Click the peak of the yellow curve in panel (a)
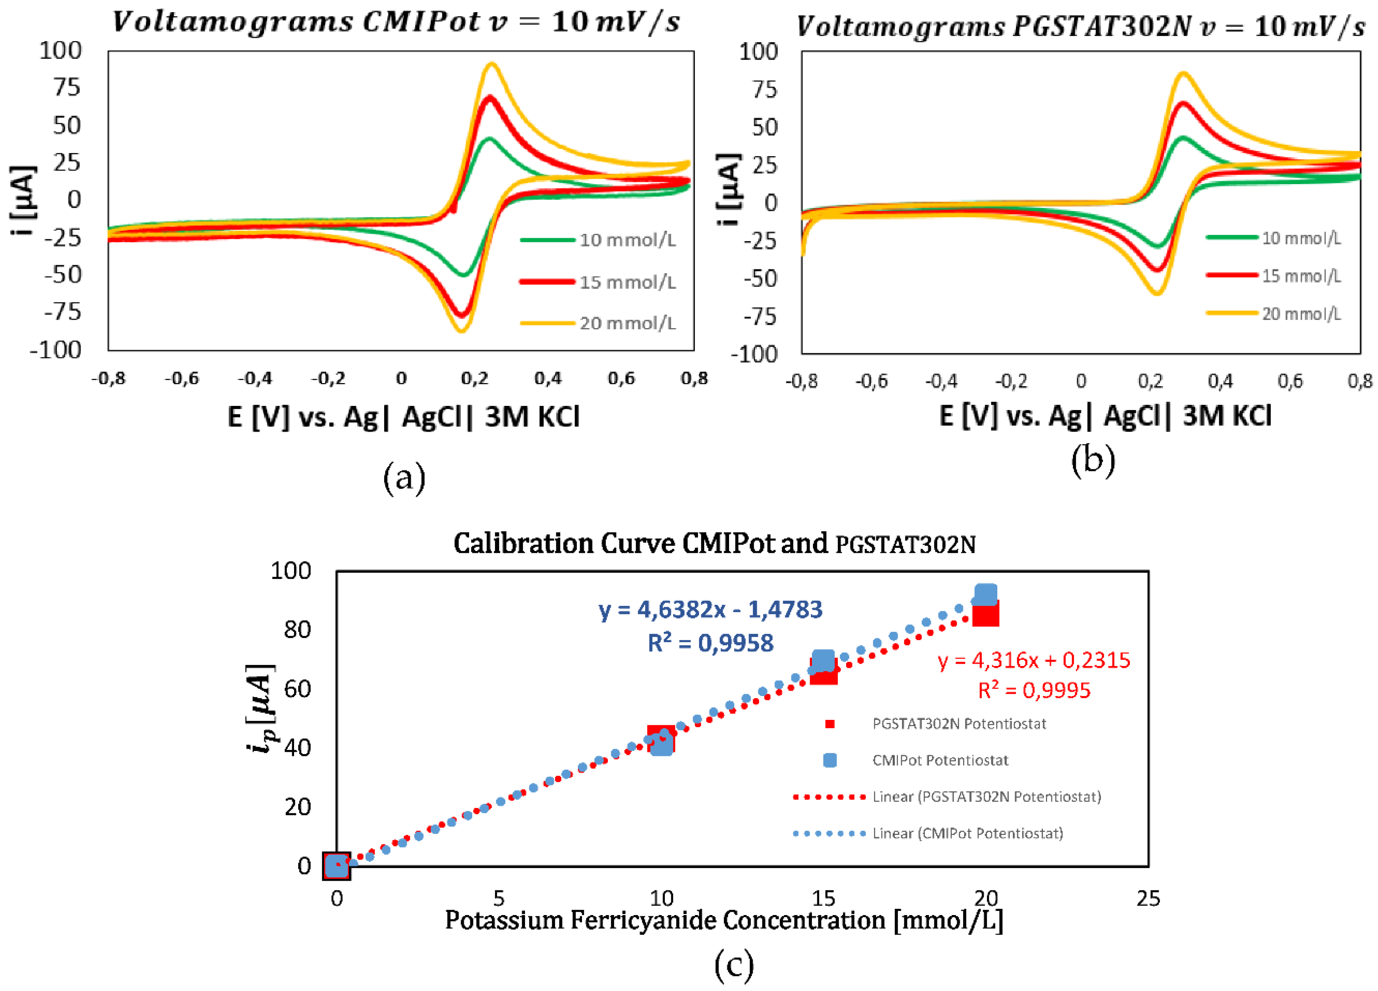[492, 64]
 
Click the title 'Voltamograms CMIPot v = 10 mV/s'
[396, 22]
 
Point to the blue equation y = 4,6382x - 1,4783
[710, 609]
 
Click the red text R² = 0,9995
[1034, 690]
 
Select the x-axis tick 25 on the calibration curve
[1148, 898]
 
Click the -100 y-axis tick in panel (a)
[56, 350]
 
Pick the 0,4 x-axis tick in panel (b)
[1220, 381]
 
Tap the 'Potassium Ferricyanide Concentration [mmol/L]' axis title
[723, 920]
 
